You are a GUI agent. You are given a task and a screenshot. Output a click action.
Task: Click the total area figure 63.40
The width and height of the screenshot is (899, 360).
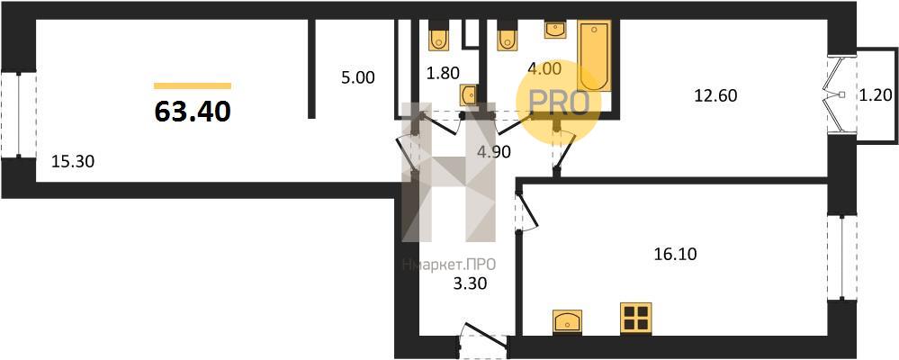click(x=193, y=112)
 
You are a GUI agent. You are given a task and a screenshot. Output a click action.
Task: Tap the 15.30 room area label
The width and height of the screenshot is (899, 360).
click(x=73, y=162)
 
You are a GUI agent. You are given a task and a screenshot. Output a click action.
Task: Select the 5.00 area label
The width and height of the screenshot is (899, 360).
click(x=358, y=77)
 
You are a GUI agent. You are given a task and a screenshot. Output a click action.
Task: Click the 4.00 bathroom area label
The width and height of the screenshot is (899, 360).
click(x=544, y=68)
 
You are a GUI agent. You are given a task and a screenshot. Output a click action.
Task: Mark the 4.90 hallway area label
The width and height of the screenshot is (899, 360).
click(x=493, y=151)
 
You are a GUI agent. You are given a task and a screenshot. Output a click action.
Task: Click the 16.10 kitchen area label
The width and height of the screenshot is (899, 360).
click(x=676, y=253)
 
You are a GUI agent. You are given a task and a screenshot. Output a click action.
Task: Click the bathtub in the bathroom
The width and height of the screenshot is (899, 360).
click(x=594, y=56)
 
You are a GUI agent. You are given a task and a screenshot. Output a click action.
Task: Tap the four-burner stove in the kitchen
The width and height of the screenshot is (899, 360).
click(x=636, y=317)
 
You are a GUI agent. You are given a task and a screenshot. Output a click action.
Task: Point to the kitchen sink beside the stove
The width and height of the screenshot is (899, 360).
click(x=567, y=320)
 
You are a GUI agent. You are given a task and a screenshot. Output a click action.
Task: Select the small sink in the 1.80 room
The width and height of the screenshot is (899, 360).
click(x=469, y=94)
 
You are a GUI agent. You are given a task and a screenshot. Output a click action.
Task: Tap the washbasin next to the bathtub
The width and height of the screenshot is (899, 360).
click(x=555, y=29)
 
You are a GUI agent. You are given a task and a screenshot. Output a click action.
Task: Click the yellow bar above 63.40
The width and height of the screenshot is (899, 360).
click(x=193, y=86)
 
